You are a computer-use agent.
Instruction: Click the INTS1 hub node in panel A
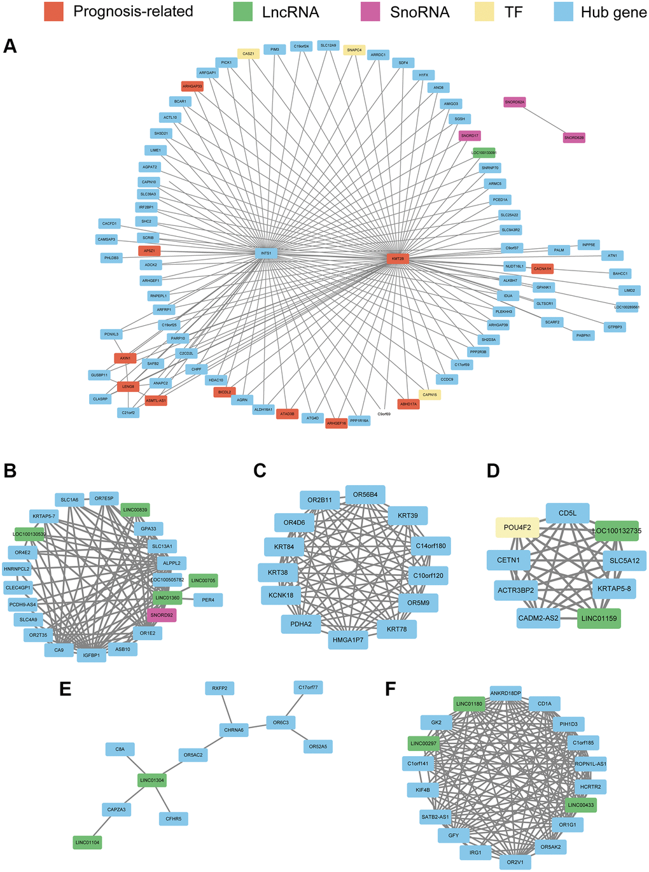coord(266,253)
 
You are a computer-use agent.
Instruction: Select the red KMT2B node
coord(398,259)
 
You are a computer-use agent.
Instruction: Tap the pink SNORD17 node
coord(470,136)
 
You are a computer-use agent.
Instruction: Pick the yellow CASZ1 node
coord(248,54)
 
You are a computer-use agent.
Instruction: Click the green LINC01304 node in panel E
coord(152,780)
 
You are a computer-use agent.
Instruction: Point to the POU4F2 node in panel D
coord(517,528)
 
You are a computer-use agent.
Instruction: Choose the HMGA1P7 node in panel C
coord(348,640)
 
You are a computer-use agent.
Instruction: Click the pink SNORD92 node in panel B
coord(162,615)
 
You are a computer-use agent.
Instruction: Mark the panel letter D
coord(493,471)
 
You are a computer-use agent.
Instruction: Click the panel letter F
coord(391,689)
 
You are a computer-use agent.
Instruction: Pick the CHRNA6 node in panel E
coord(234,730)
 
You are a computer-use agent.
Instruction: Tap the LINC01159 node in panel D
coord(599,618)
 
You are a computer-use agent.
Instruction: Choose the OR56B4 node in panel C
coord(365,495)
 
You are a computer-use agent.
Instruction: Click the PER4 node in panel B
coord(208,600)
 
